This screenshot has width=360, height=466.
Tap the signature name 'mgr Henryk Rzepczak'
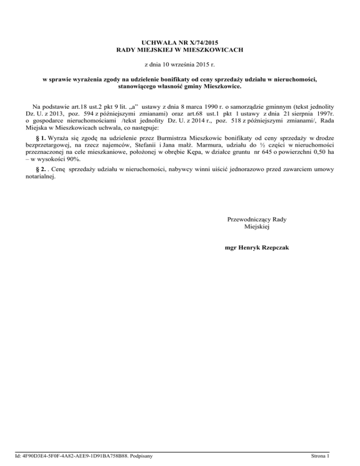(256, 248)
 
